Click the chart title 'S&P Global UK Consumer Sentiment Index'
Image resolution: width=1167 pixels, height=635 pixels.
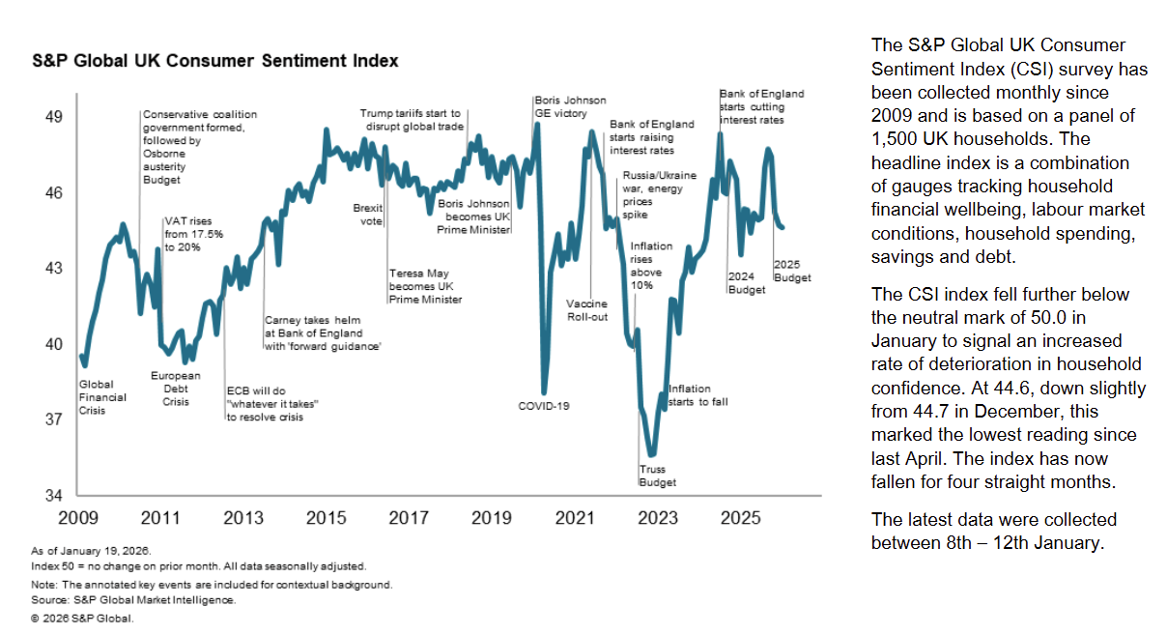215,61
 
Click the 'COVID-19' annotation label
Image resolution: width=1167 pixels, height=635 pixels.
544,406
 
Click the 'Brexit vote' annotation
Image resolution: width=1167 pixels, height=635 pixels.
368,215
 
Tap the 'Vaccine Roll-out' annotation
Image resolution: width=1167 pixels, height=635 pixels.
586,310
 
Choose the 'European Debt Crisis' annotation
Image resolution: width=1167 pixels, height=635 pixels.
176,389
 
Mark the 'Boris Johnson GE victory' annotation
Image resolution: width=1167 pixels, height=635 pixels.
570,106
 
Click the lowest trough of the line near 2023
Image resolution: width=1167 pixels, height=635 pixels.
653,453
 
